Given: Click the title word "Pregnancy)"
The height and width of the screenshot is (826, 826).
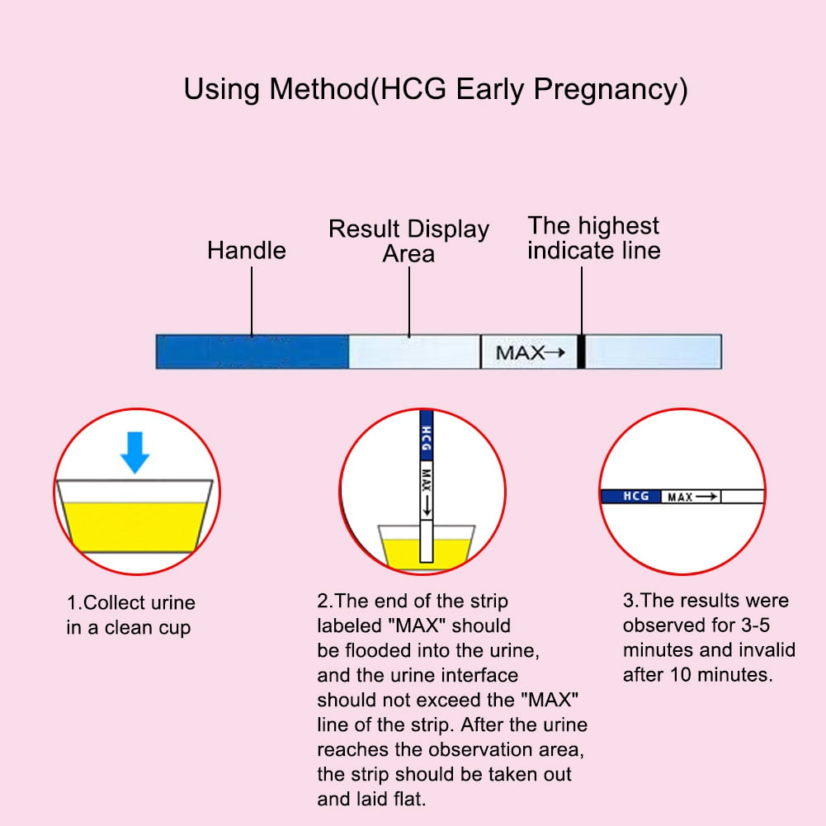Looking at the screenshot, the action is [610, 90].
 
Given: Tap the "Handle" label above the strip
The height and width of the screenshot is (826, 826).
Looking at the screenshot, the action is [247, 250].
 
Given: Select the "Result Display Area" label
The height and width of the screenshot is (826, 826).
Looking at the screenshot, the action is [408, 241].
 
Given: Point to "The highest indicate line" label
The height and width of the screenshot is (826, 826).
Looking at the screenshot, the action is [593, 238].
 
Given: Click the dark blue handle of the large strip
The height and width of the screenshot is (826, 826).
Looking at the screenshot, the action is [253, 352].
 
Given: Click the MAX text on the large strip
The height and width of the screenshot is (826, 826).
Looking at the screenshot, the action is [520, 353].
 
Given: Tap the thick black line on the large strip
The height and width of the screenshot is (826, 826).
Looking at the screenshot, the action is [581, 352].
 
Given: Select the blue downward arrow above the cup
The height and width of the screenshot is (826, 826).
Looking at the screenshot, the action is [135, 452].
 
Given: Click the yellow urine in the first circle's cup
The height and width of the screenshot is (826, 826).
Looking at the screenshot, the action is [135, 526].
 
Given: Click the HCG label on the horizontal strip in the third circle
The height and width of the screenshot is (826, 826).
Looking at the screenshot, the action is [636, 496].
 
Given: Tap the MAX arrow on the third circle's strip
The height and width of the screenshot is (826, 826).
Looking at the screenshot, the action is [706, 496].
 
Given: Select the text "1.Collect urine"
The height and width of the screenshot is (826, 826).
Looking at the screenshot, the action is [130, 602].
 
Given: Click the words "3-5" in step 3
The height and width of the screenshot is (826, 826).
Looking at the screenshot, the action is [755, 625].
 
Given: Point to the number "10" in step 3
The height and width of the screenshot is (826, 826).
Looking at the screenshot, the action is [681, 675].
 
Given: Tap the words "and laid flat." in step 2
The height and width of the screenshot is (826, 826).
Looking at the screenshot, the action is [371, 799].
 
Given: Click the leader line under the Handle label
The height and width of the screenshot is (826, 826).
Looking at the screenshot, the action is [252, 301].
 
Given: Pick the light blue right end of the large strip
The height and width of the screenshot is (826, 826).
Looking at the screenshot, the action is [654, 352].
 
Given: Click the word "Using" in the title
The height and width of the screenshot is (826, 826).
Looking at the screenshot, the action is [222, 90].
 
